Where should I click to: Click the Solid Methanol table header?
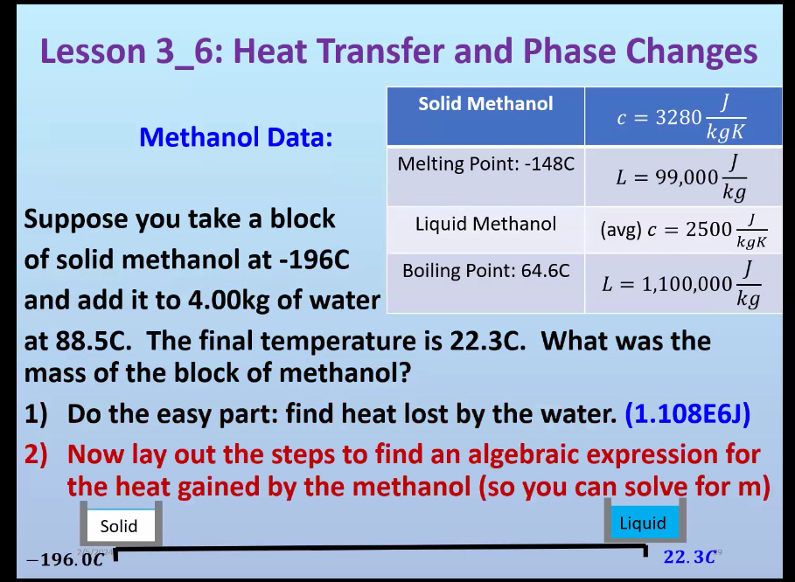pos(485,104)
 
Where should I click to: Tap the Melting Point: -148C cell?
pos(485,164)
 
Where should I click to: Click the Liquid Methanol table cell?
pos(485,224)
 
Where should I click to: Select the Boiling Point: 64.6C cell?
pos(485,271)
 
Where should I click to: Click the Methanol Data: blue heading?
pos(236,137)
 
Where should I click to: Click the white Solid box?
pos(119,526)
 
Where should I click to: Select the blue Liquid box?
pos(643,523)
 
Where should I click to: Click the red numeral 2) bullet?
pos(39,455)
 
